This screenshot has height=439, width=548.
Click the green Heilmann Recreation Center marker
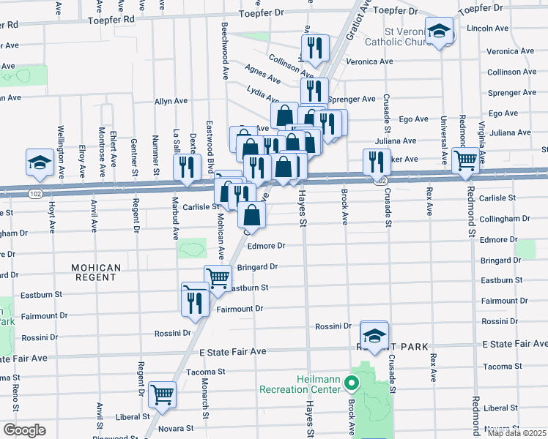point(352,383)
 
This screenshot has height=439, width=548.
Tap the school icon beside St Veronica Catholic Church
point(440,31)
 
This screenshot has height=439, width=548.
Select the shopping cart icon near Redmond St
point(466,161)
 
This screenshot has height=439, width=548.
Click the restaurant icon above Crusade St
point(377,162)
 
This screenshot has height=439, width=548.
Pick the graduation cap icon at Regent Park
point(374,335)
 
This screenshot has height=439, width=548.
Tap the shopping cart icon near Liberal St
point(162,394)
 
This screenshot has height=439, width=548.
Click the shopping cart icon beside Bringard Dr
point(218,279)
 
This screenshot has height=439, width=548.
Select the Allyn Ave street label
point(171,101)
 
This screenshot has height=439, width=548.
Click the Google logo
point(24,430)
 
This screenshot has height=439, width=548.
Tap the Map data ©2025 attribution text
point(516,433)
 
